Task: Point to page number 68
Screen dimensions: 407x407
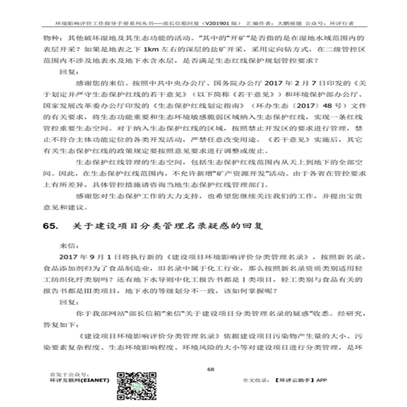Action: [210, 369]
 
